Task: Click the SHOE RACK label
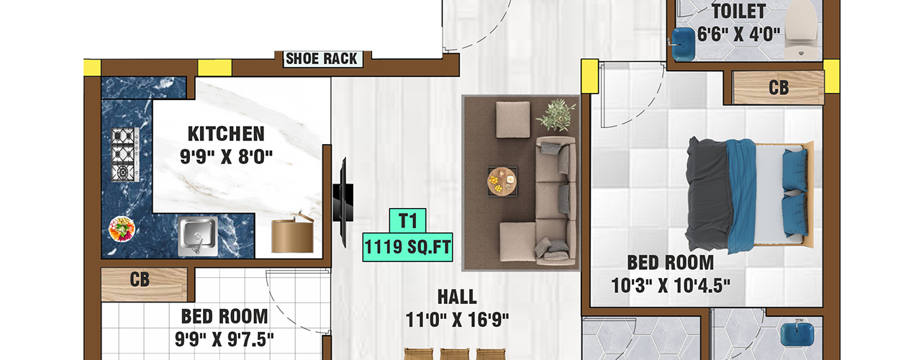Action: click(322, 58)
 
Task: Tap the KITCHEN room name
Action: click(226, 134)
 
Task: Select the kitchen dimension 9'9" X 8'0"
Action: click(227, 156)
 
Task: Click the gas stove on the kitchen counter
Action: click(125, 154)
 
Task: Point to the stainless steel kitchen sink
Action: click(198, 236)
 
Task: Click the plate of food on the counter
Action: click(122, 229)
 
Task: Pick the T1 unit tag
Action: click(408, 221)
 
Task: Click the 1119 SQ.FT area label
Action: click(407, 247)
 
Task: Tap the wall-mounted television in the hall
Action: click(343, 202)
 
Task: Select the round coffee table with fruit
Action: click(502, 181)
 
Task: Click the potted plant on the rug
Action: click(556, 114)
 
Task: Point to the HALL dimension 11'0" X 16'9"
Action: click(457, 320)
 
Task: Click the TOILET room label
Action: click(739, 11)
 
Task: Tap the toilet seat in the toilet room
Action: click(801, 29)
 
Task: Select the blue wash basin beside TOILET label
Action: click(683, 44)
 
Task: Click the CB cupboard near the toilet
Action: click(778, 88)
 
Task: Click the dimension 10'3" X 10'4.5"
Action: click(670, 285)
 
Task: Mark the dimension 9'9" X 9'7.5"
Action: click(224, 339)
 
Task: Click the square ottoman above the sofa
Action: click(513, 120)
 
